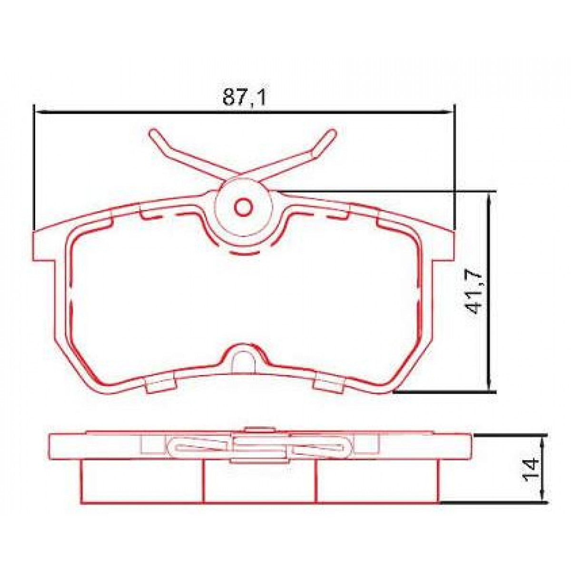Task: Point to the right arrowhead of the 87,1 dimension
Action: point(447,112)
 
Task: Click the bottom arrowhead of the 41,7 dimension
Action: point(490,388)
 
